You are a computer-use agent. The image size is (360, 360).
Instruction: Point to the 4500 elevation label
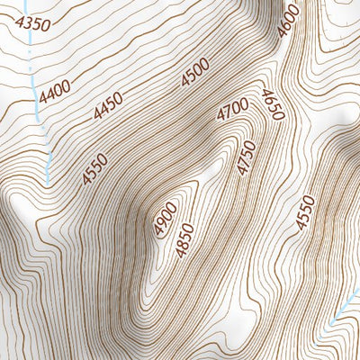(x=194, y=72)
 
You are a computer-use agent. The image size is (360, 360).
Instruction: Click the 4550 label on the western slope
(x=94, y=169)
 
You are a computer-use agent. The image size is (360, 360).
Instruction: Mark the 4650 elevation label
(x=272, y=106)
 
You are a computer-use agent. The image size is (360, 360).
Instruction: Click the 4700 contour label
(x=231, y=112)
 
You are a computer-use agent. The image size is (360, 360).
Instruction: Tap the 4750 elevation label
(x=245, y=158)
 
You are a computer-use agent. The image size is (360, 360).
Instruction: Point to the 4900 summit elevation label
(x=165, y=220)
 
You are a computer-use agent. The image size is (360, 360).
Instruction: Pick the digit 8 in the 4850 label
(x=183, y=244)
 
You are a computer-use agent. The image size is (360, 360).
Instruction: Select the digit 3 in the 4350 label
(x=28, y=22)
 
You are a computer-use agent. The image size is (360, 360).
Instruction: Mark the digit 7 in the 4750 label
(x=243, y=162)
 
